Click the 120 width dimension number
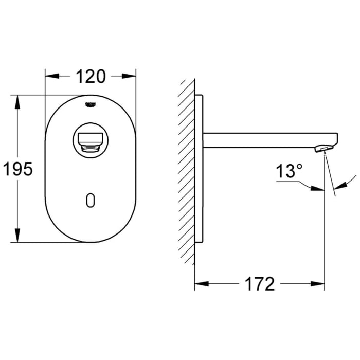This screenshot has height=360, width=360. pos(91,76)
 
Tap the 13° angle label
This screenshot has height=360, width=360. pos(287,172)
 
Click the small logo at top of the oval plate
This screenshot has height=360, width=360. pos(91,104)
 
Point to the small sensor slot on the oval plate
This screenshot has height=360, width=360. pos(91,201)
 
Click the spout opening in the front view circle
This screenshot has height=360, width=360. pos(91,139)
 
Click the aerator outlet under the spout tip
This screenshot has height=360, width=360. pos(321,149)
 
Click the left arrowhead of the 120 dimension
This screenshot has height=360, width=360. pos(50,76)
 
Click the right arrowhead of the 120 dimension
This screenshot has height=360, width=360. pos(131,76)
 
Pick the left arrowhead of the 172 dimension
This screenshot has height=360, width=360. pos(200,283)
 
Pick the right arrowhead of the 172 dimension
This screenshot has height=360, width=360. pos(319,283)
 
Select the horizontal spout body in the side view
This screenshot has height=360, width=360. pos(267,140)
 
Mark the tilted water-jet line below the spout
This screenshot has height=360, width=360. pos(330,175)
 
